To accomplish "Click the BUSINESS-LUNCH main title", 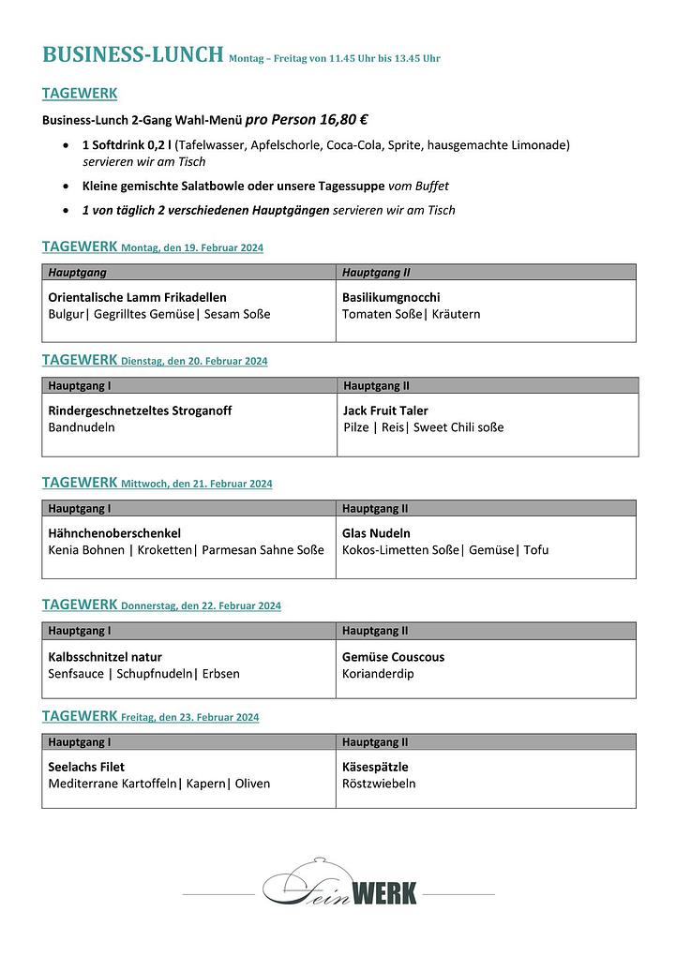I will click(x=133, y=54).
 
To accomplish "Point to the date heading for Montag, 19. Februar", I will click(x=192, y=248).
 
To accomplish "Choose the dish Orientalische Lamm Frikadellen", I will click(x=137, y=297).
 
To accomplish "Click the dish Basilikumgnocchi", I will click(x=391, y=297).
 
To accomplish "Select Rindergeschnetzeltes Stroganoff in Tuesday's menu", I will click(x=140, y=411).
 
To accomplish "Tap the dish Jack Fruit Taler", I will click(x=385, y=411).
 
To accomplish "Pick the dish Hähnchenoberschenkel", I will click(x=114, y=533).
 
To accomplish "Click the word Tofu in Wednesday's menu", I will click(x=536, y=550).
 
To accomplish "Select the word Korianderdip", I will click(x=378, y=674).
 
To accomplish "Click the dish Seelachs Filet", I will click(x=86, y=767).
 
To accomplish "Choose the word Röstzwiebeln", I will click(x=379, y=784).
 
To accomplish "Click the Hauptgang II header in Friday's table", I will click(x=375, y=742).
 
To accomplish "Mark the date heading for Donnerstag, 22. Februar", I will click(x=201, y=606).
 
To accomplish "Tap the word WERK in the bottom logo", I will click(x=383, y=893).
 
